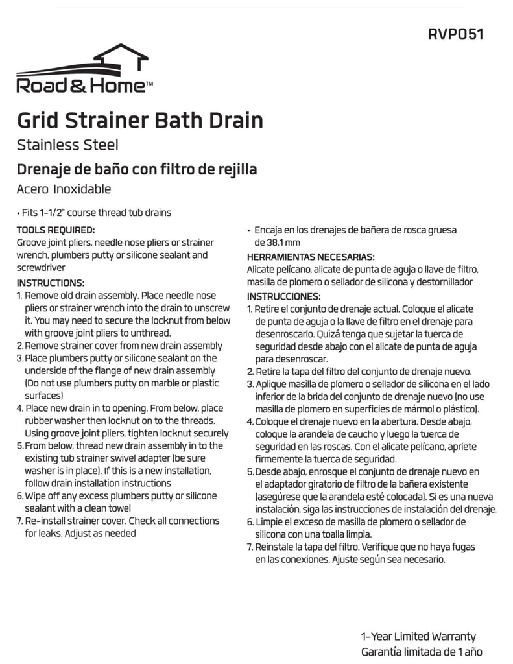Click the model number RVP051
click(x=455, y=34)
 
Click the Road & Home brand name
click(x=84, y=86)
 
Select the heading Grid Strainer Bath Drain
click(x=139, y=121)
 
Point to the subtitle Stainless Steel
click(x=67, y=145)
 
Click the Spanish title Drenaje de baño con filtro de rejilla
click(x=137, y=169)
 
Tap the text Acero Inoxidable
click(x=64, y=189)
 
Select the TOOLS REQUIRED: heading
click(x=55, y=230)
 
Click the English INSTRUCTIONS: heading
click(x=51, y=283)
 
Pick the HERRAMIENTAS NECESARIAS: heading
click(x=310, y=257)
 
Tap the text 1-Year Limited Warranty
click(x=418, y=637)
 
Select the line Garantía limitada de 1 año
click(x=421, y=652)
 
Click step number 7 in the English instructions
click(x=19, y=521)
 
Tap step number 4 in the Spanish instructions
click(x=250, y=421)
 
